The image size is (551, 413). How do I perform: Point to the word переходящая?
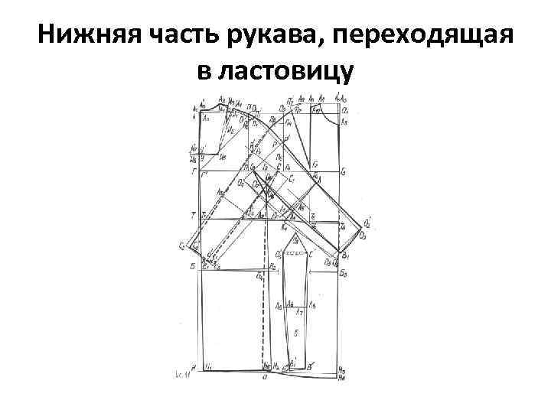(x=422, y=35)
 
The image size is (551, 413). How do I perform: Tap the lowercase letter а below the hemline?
(x=264, y=378)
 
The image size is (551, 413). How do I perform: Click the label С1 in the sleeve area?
(x=292, y=178)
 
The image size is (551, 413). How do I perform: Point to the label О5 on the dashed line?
(x=279, y=255)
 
